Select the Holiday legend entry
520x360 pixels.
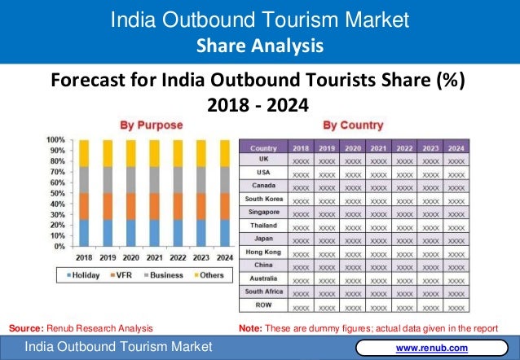click(84, 275)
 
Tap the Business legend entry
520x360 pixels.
click(165, 275)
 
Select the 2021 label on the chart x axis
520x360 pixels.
click(154, 257)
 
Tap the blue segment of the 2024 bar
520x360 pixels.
click(224, 232)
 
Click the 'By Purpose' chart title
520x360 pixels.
click(152, 125)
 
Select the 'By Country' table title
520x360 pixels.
click(353, 125)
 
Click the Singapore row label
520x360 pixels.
click(263, 212)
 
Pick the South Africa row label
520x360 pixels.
click(263, 291)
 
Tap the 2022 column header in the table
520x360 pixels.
click(404, 148)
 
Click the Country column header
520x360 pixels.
click(263, 148)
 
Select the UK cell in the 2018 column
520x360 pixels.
click(301, 162)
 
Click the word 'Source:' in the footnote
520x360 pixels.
click(25, 328)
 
